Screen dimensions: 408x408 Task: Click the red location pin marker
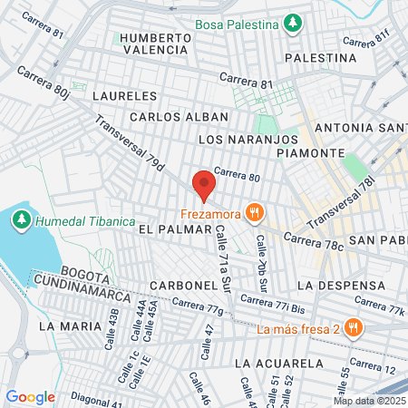click(204, 185)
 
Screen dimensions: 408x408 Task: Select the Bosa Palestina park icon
click(292, 22)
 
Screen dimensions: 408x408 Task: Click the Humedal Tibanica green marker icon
click(21, 219)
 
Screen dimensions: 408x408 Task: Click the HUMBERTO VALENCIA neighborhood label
click(155, 44)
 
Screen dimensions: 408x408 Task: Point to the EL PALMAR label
click(168, 230)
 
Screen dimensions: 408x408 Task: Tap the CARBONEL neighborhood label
click(185, 285)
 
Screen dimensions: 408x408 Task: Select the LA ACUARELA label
click(278, 363)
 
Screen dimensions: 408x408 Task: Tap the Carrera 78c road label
click(314, 241)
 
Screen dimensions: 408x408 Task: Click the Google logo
click(30, 396)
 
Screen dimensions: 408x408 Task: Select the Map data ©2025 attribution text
click(369, 401)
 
